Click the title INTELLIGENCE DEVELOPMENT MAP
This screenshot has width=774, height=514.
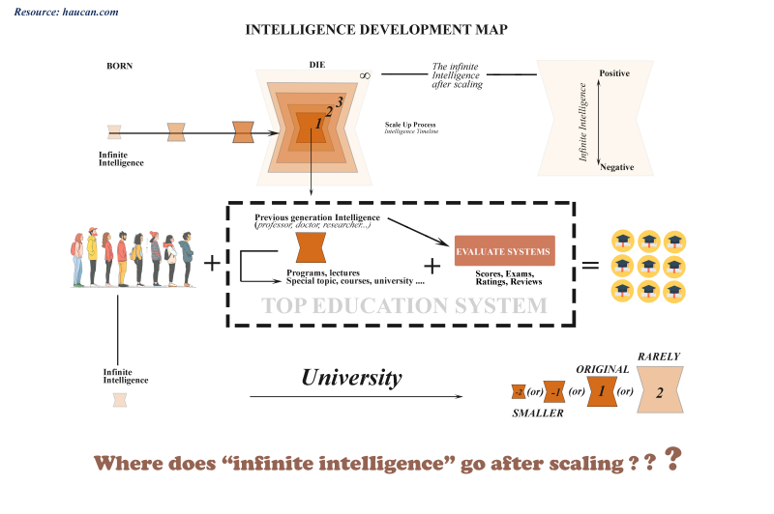tap(377, 30)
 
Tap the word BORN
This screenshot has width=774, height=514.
tap(119, 67)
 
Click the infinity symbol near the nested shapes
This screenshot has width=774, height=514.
tap(364, 75)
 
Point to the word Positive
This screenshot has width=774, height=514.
tap(616, 73)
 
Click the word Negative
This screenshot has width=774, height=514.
tap(616, 167)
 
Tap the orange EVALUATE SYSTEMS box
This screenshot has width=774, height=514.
tap(504, 253)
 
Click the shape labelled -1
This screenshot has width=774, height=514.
tap(553, 391)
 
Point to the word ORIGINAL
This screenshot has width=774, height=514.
tap(603, 369)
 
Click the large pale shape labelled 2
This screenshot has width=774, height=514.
tap(658, 392)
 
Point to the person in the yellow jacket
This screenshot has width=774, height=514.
tap(92, 255)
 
